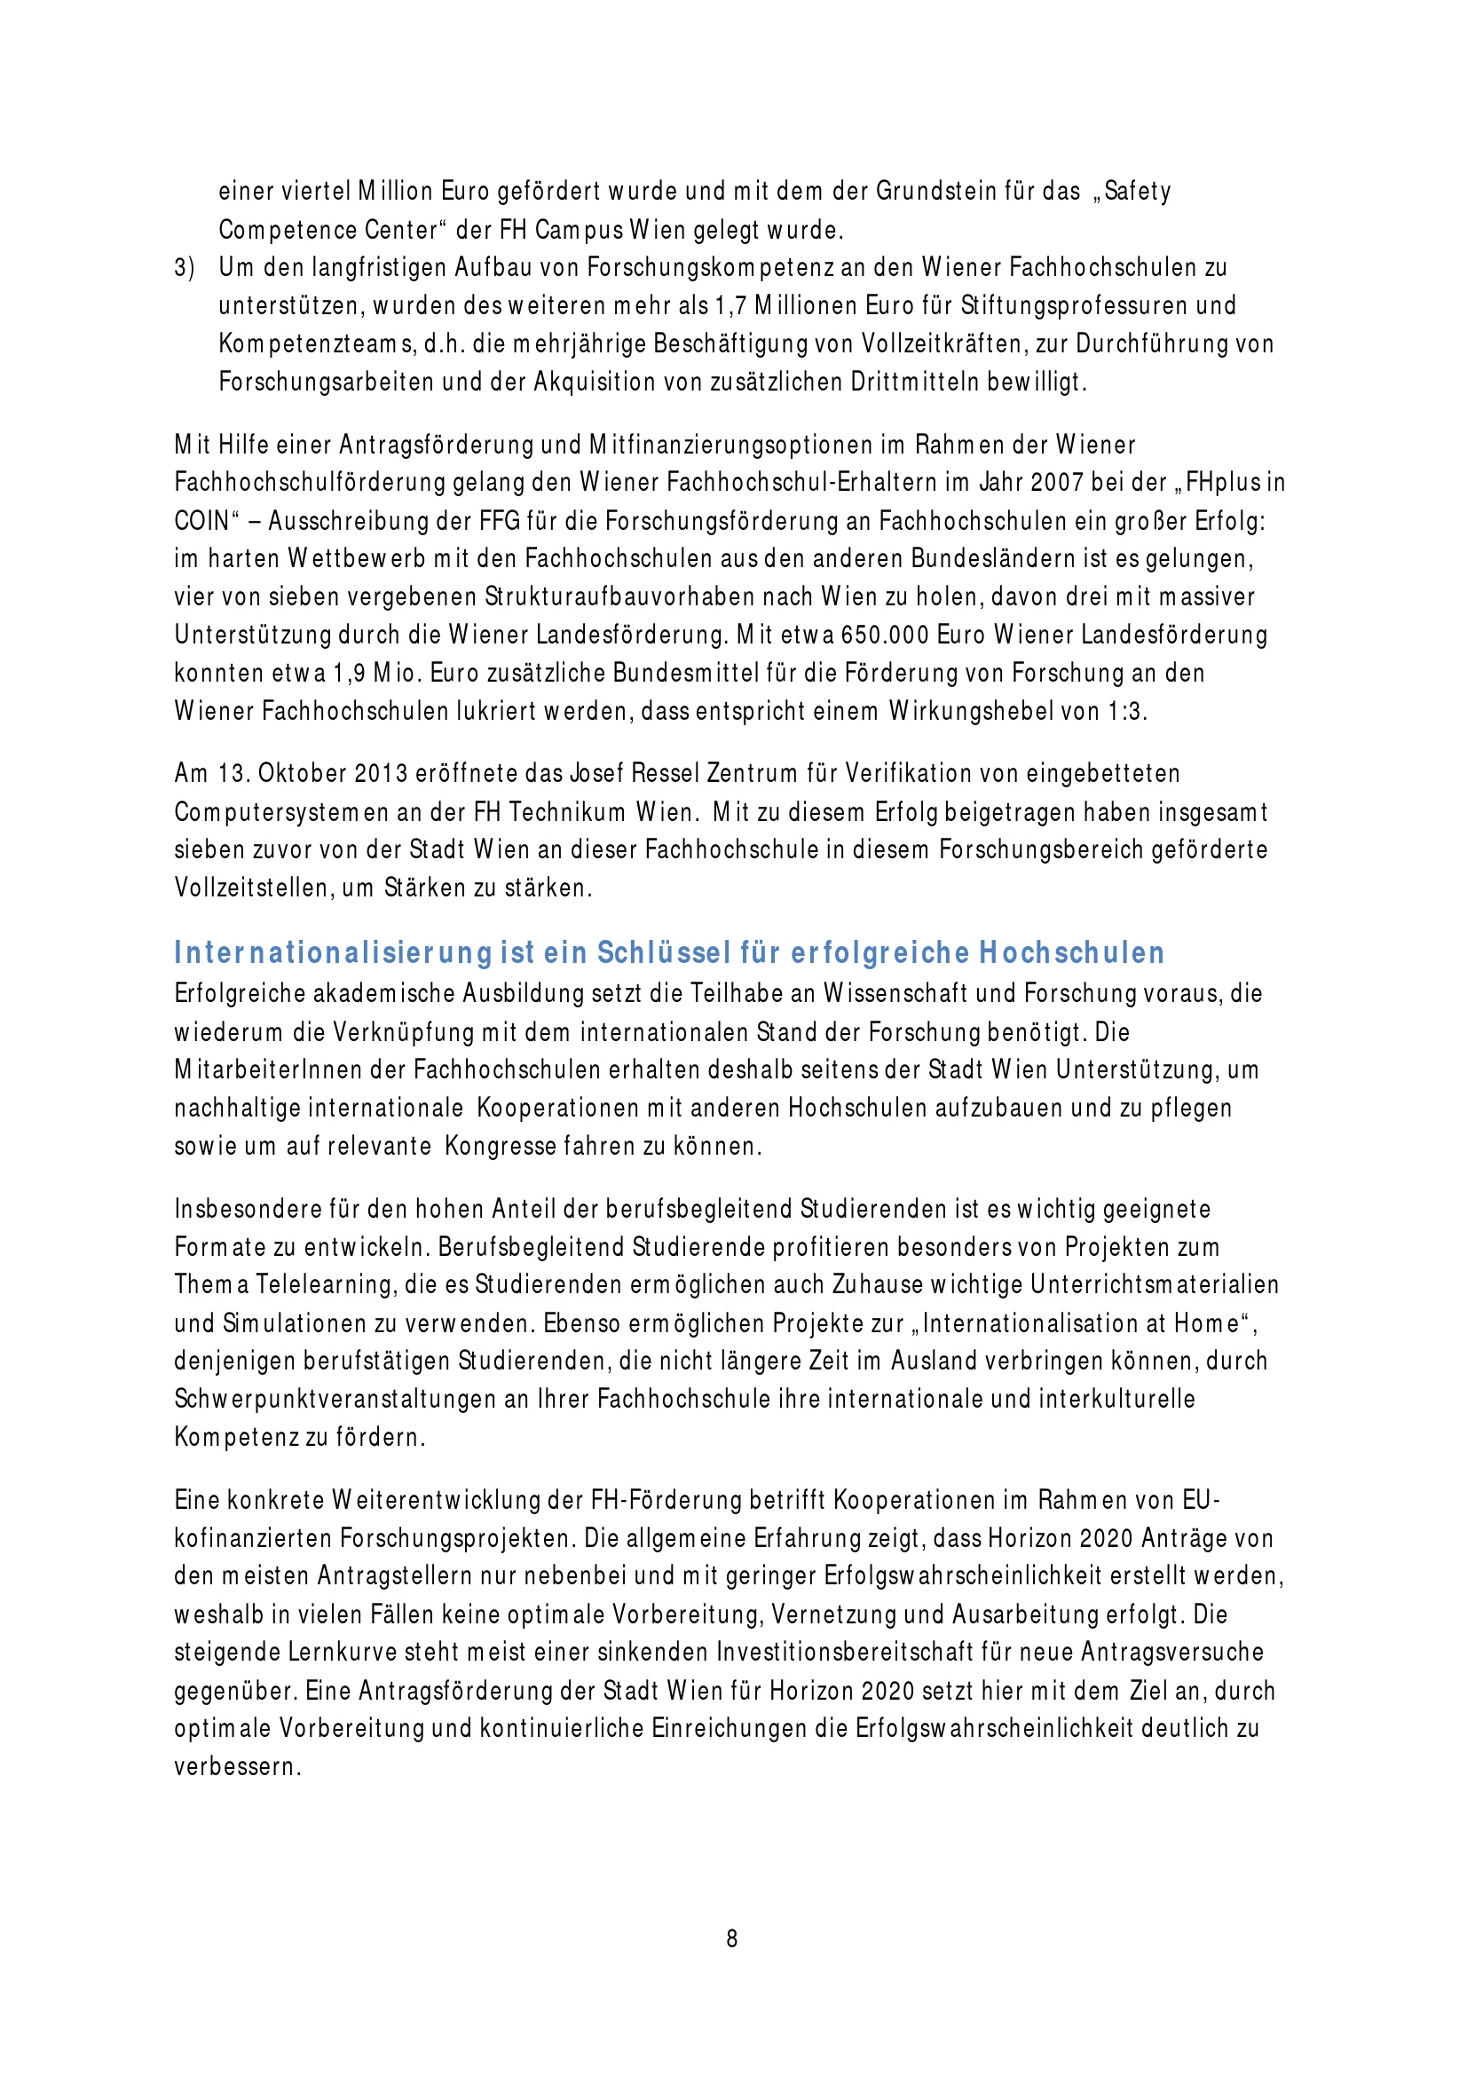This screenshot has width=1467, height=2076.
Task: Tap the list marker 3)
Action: pyautogui.click(x=185, y=269)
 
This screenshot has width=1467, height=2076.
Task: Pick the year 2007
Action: pyautogui.click(x=1057, y=482)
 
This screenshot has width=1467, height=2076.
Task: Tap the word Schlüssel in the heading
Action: pyautogui.click(x=664, y=953)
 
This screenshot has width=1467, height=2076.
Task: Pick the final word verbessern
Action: pyautogui.click(x=236, y=1767)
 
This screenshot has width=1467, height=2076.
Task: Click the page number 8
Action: pyautogui.click(x=732, y=1938)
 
